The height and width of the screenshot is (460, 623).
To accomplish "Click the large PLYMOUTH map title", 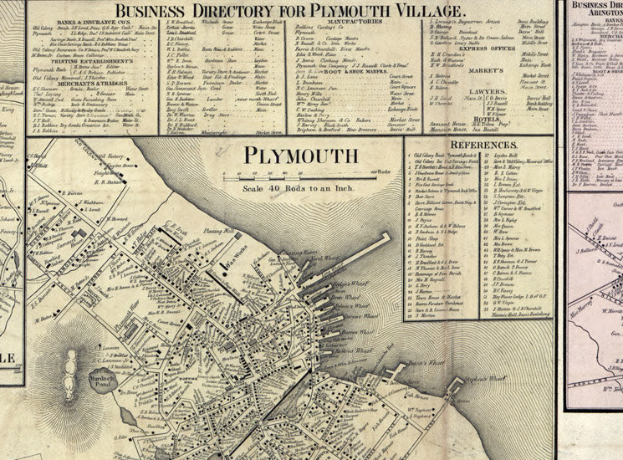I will [299, 156].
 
